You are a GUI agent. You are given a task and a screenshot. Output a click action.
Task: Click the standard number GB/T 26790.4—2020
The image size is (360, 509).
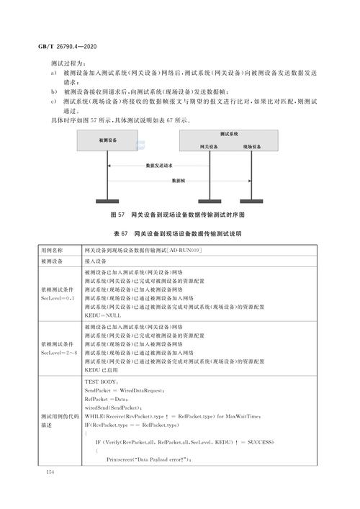(x=58, y=45)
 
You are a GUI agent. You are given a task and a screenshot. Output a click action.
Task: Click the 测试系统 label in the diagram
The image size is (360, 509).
(x=229, y=134)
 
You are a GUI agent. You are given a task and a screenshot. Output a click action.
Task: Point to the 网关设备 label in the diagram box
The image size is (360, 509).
(x=209, y=146)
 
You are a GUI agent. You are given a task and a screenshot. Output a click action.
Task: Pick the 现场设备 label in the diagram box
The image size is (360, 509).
(x=252, y=146)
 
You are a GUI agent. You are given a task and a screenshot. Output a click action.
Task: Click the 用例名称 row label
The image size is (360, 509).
(x=53, y=250)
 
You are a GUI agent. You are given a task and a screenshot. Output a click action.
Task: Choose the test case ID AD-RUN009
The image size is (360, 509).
(x=184, y=250)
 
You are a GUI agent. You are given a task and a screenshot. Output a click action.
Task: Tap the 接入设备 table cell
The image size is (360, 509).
(x=96, y=261)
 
